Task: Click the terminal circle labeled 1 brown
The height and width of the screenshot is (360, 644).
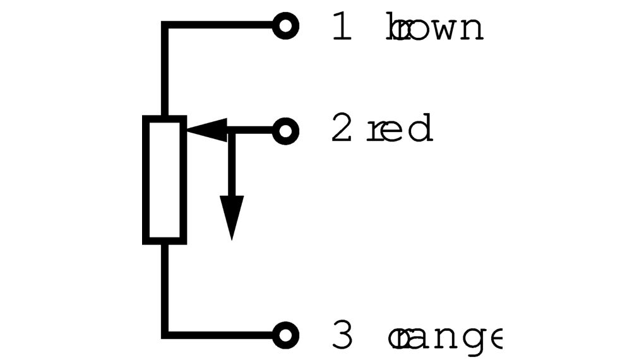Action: click(x=285, y=26)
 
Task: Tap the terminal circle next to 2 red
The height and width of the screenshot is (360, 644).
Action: click(x=285, y=131)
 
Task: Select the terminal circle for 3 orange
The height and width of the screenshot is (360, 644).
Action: click(x=285, y=335)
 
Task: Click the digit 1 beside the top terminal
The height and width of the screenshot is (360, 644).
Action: click(x=342, y=28)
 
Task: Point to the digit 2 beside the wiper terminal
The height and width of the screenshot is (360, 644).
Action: click(x=342, y=129)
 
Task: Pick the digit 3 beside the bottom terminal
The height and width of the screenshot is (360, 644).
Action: click(x=342, y=337)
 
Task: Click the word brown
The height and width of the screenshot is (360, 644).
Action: click(x=435, y=28)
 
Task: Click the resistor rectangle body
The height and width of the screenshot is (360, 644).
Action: click(x=165, y=179)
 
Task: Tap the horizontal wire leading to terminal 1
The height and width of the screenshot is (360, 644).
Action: click(x=221, y=26)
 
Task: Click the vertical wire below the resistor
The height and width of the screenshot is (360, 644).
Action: click(x=165, y=287)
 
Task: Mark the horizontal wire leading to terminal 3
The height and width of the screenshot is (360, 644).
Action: click(x=221, y=335)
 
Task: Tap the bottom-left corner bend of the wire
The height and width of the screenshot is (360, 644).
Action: click(x=165, y=334)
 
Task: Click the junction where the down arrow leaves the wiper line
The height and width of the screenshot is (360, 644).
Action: click(x=232, y=131)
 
